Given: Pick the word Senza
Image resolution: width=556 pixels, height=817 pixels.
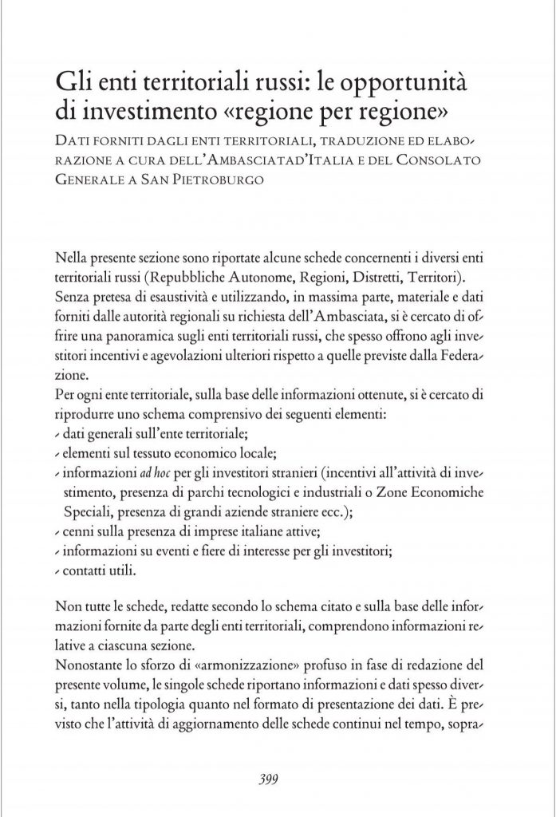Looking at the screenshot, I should [73, 294].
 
